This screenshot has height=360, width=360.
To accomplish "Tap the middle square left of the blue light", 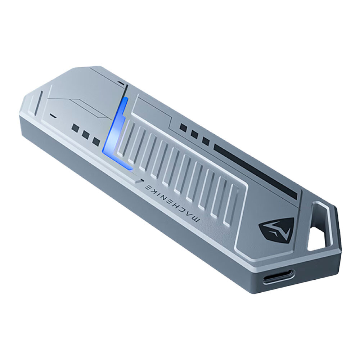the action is click(x=85, y=134).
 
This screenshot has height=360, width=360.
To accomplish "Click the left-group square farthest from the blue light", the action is click(x=76, y=128).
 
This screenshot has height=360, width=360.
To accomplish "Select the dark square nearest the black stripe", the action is click(x=205, y=141).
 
